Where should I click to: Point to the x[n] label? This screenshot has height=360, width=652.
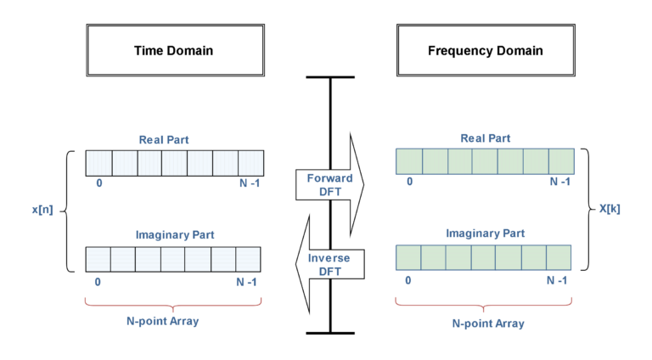42,210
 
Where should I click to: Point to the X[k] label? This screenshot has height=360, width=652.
610,209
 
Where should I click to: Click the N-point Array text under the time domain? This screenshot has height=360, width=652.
163,321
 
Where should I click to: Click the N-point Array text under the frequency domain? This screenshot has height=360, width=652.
488,323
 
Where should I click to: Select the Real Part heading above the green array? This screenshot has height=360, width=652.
486,138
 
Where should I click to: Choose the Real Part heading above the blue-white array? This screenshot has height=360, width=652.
164,140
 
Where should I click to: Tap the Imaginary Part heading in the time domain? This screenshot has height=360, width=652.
175,235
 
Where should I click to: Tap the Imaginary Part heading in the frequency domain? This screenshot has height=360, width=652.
486,233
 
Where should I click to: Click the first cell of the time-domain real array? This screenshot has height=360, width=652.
99,163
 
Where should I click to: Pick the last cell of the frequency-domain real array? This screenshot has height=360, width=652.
562,161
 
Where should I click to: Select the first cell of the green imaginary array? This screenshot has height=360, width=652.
408,258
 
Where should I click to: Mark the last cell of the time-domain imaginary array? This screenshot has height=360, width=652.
248,260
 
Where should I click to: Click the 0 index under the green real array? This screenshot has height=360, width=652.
409,182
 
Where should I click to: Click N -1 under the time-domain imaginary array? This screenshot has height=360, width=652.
246,282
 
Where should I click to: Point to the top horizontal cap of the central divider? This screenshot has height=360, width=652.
330,77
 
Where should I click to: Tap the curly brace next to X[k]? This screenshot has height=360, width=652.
588,209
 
